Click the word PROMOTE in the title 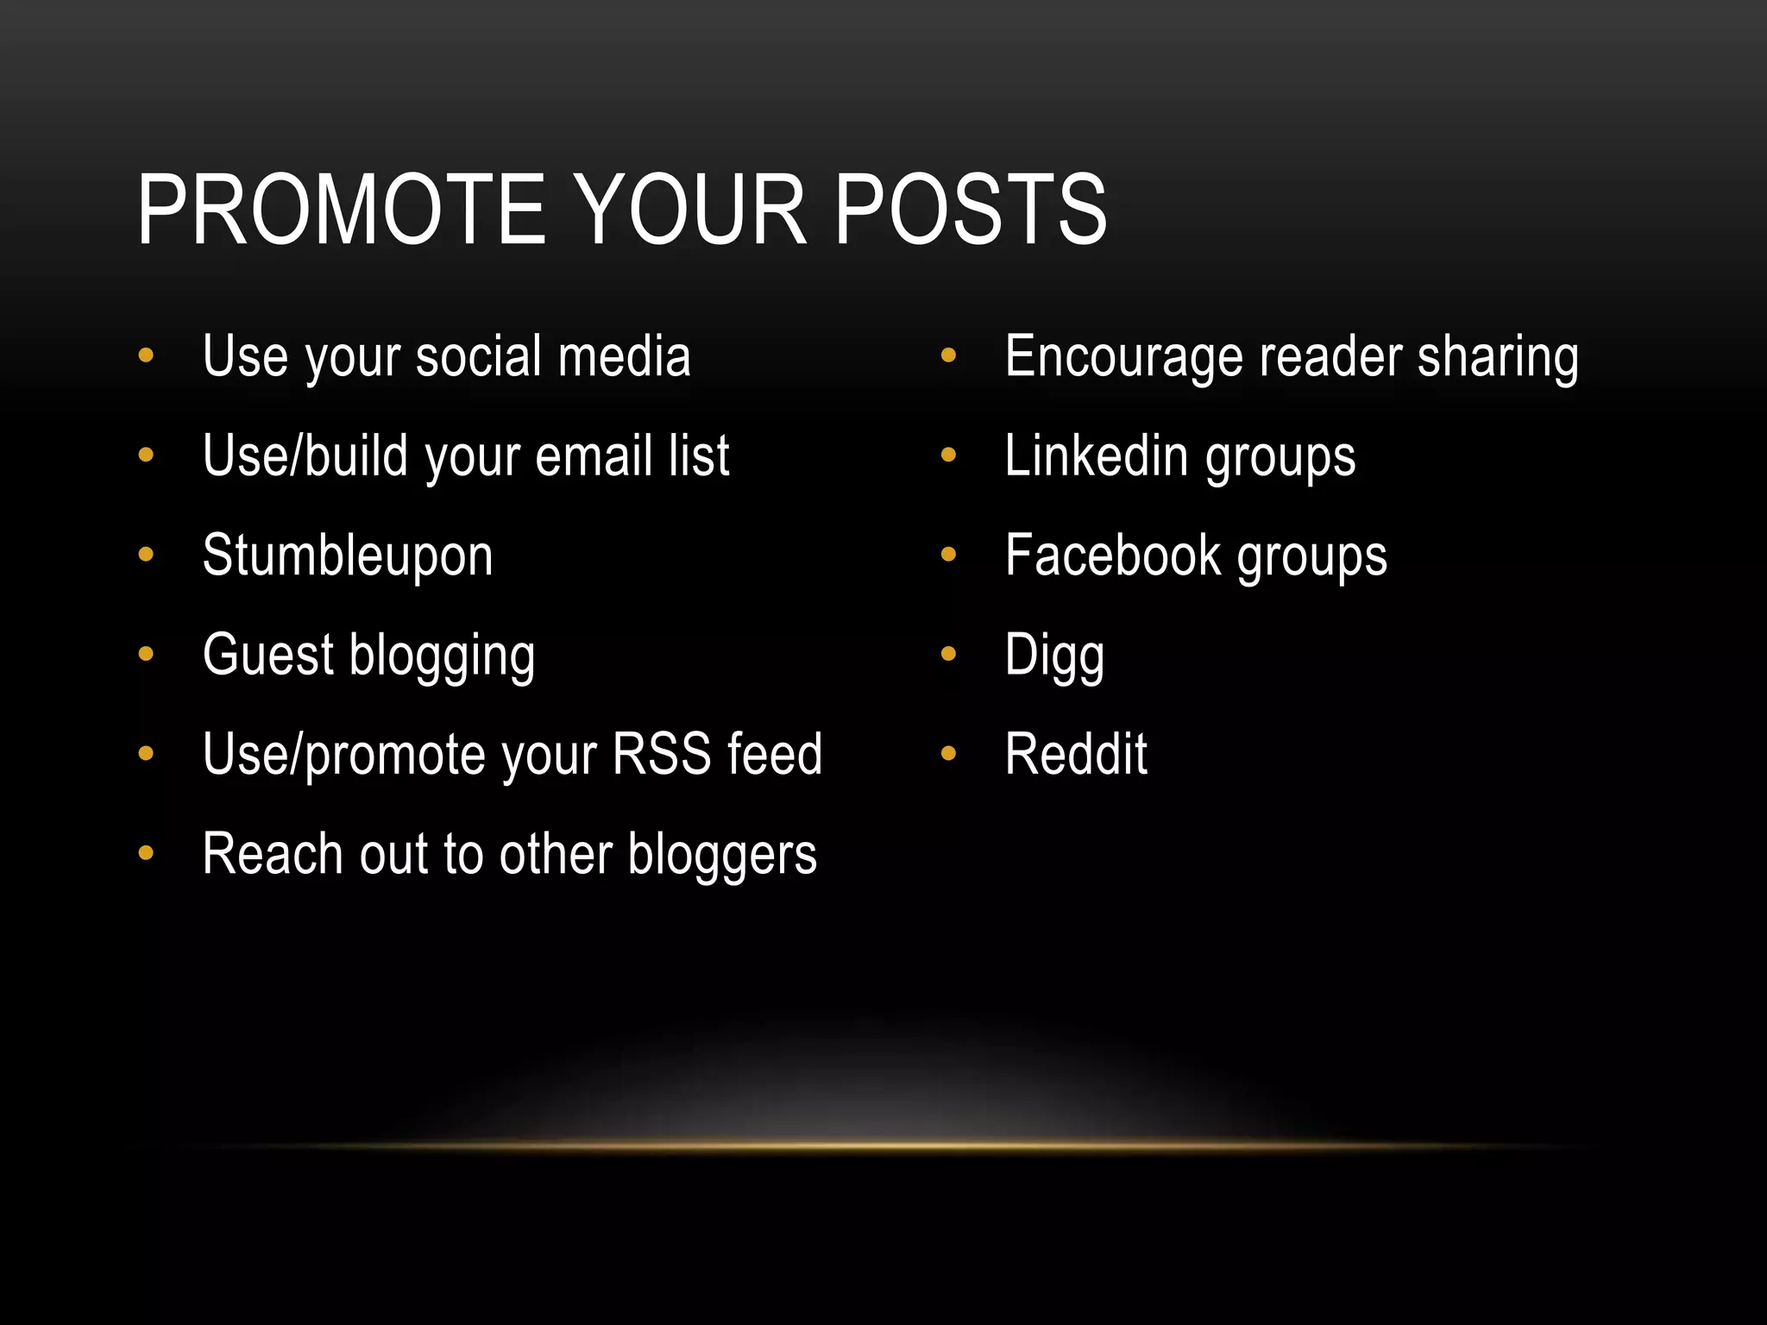pyautogui.click(x=342, y=210)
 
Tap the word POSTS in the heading pyautogui.click(x=970, y=210)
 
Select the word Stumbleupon pyautogui.click(x=348, y=556)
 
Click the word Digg pyautogui.click(x=1054, y=656)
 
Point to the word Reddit pyautogui.click(x=1076, y=755)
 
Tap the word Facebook pyautogui.click(x=1113, y=556)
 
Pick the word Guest pyautogui.click(x=267, y=655)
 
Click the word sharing pyautogui.click(x=1498, y=357)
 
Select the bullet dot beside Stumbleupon pyautogui.click(x=146, y=555)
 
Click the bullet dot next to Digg pyautogui.click(x=948, y=654)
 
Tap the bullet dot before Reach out pyautogui.click(x=146, y=853)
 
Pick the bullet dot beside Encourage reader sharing pyautogui.click(x=948, y=355)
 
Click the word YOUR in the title pyautogui.click(x=691, y=210)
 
